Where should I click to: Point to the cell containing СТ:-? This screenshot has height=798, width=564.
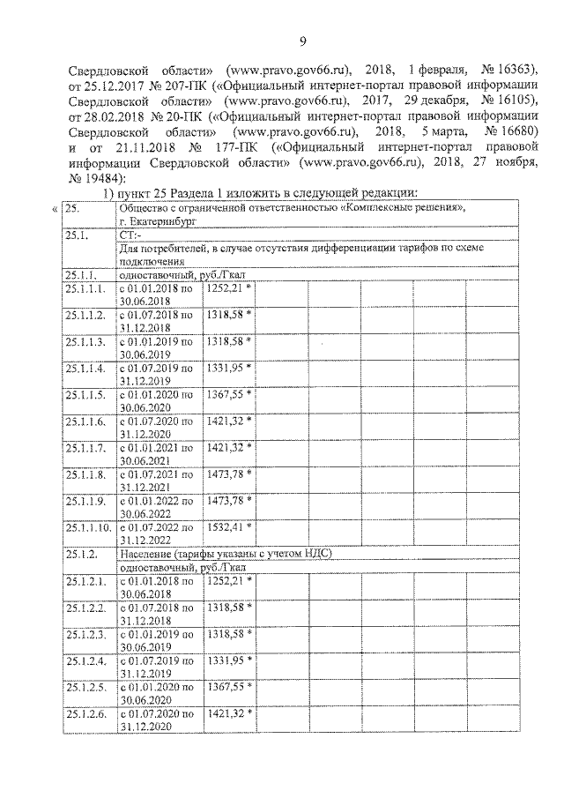128,237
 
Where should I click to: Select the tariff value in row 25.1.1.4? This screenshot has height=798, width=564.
224,367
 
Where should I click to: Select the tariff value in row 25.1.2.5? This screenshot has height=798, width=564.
224,685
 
